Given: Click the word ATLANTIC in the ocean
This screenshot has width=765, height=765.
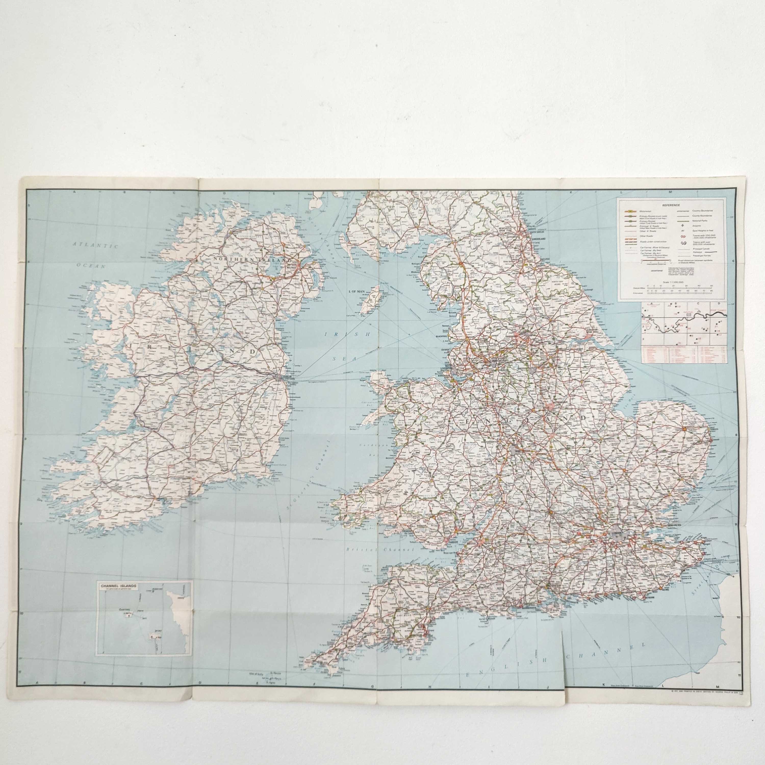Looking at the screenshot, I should [x=96, y=246].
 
